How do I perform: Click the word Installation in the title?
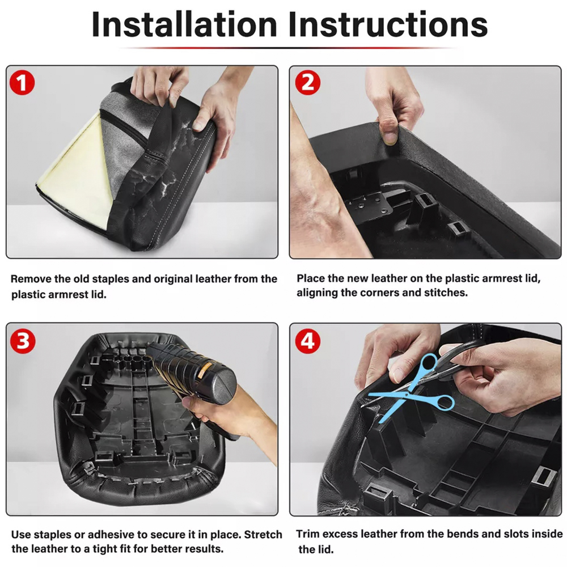pos(184,24)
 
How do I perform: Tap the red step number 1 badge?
pos(22,83)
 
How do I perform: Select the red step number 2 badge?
pos(308,83)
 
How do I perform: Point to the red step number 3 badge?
pos(23,341)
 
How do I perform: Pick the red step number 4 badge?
pos(308,341)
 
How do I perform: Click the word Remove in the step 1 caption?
pos(31,279)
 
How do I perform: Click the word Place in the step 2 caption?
pos(310,278)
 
